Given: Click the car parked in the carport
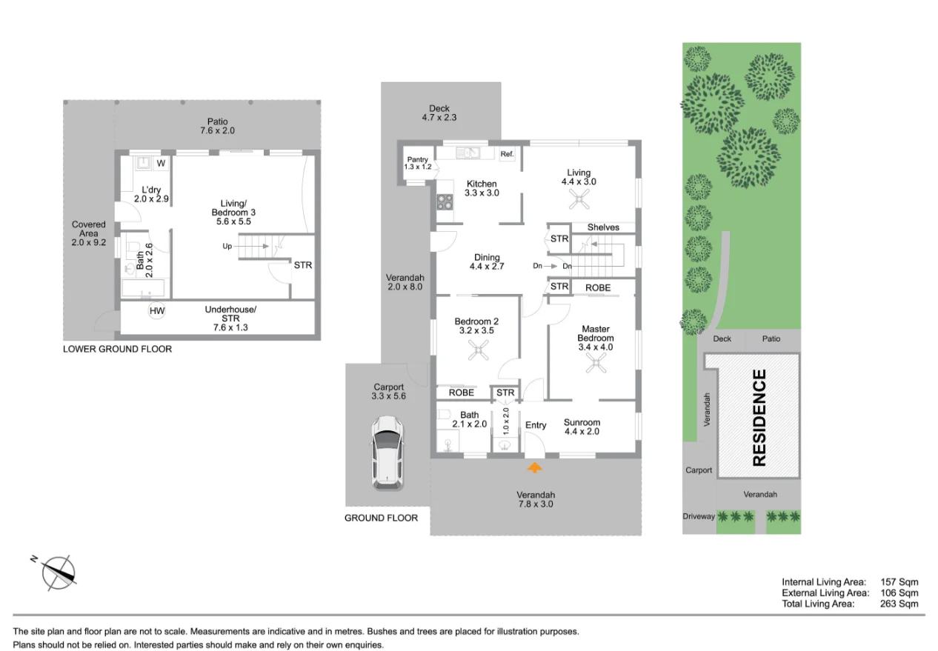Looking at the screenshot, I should click(387, 453).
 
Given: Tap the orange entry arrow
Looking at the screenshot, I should click(533, 467).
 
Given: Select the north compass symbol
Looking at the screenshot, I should click(59, 572).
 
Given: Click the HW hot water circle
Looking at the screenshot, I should click(157, 311).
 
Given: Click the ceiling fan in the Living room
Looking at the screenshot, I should click(578, 198).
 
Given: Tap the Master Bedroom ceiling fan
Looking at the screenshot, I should click(595, 362).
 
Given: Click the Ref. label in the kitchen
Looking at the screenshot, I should click(507, 154).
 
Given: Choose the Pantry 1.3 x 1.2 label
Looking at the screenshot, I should click(417, 164).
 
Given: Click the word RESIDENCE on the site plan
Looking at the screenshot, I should click(759, 418).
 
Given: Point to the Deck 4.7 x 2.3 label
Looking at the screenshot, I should click(440, 113).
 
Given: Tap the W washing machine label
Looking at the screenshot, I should click(161, 163).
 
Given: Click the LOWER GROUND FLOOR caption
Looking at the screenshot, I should click(117, 349).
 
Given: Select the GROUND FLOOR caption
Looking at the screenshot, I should click(381, 518).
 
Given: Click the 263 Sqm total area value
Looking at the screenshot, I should click(899, 604).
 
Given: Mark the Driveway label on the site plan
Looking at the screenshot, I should click(699, 516).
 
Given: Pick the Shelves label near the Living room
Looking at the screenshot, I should click(603, 227).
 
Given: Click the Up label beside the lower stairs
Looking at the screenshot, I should click(227, 246).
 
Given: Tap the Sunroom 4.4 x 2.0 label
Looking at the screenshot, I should click(582, 427).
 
